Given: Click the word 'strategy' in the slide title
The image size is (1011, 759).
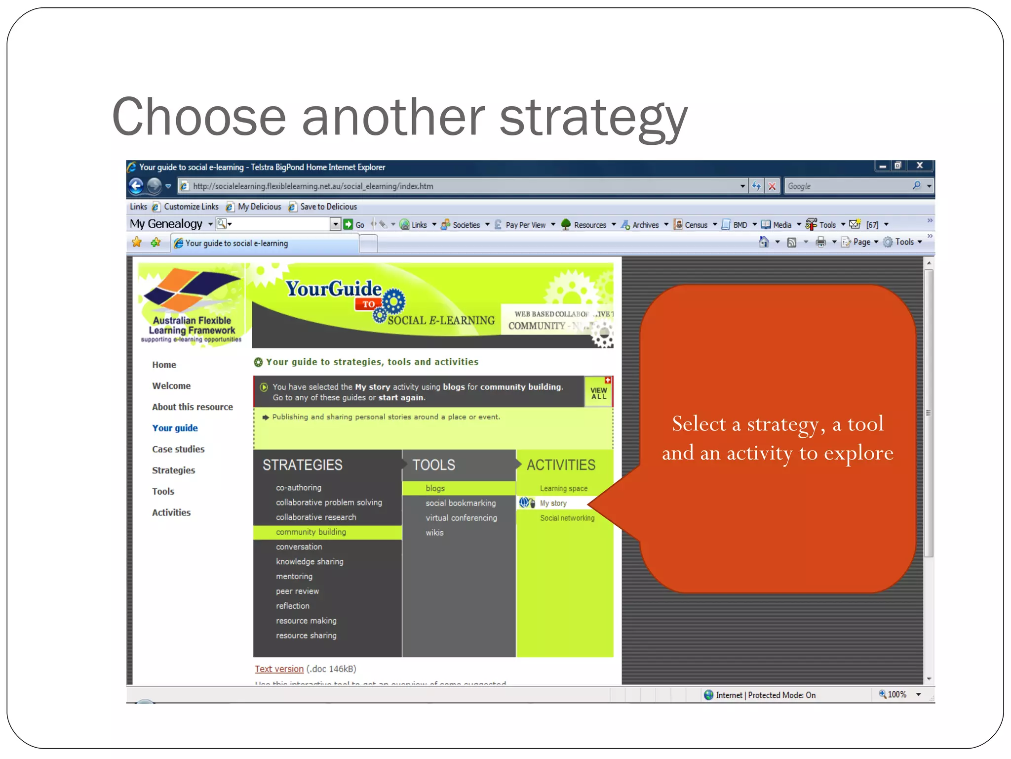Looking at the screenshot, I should pos(593,118).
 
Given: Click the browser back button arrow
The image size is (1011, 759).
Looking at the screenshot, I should pos(136,186).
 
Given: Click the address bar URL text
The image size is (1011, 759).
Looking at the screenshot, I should pos(313,186).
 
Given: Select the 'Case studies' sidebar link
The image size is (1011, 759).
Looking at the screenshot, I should pos(178,449).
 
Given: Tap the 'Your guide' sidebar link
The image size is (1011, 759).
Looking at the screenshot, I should pos(175,428).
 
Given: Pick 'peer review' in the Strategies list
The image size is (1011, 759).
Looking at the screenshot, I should pos(297,591).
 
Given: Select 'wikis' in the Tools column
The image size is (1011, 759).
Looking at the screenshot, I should pos(434,533).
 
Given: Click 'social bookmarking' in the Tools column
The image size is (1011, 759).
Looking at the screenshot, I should pos(461,503).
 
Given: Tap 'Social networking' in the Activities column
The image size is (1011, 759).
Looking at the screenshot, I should pos(567,518).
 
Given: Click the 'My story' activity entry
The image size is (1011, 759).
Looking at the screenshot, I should pos(553,503).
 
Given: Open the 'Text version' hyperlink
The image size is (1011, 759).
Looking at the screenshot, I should pos(279,669).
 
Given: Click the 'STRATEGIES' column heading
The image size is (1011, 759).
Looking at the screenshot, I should pos(302,465).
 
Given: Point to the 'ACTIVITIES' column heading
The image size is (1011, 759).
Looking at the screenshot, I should pos(561,465).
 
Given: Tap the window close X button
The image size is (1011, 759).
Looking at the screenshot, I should pos(919,166).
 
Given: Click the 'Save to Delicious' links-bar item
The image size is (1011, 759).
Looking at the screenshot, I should pos(328,207).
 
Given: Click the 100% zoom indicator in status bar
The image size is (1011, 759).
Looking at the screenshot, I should pos(896,695).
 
